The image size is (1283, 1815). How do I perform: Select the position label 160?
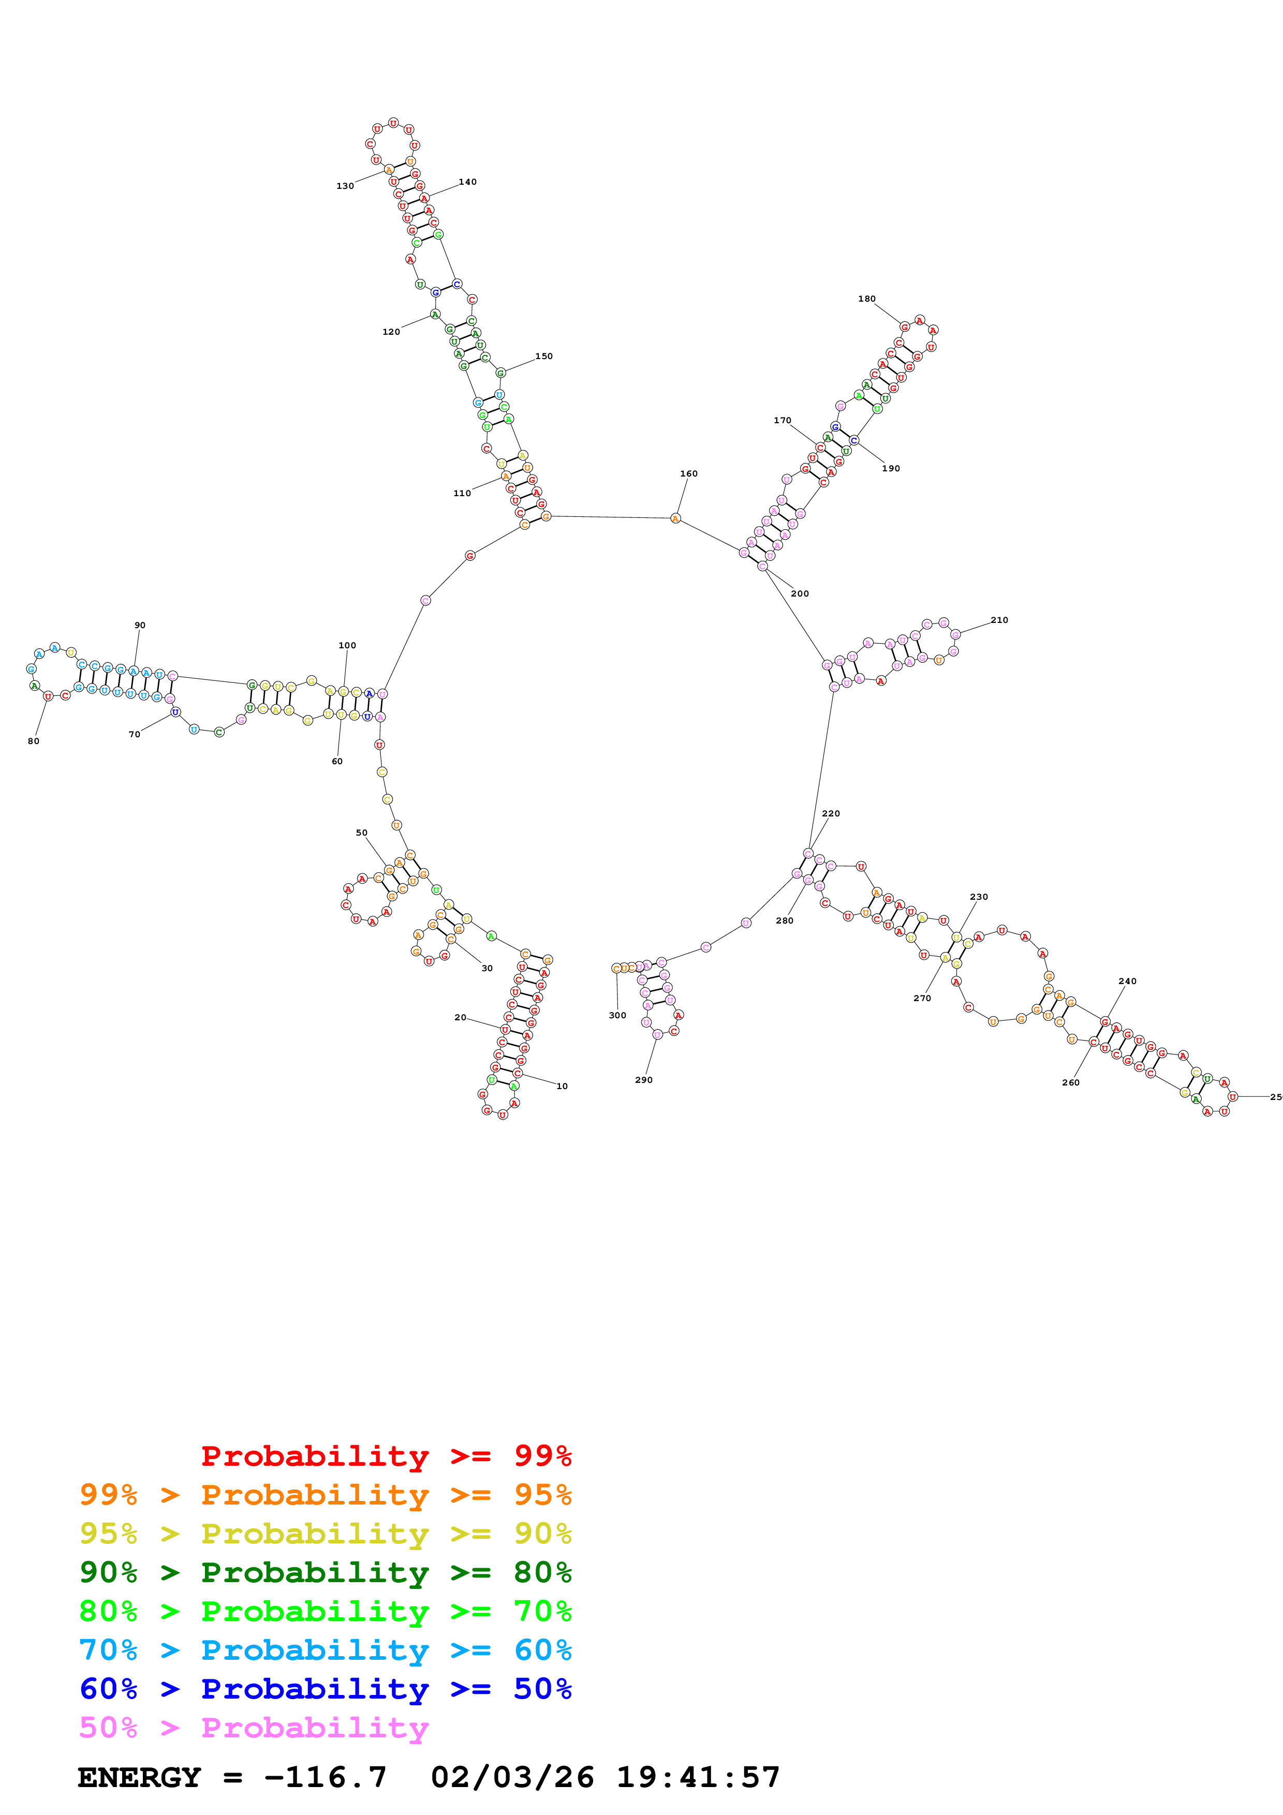click(x=688, y=473)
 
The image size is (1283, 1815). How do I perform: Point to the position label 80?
click(x=33, y=741)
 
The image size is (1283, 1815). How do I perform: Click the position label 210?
click(x=999, y=620)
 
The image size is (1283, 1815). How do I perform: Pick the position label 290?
click(x=643, y=1080)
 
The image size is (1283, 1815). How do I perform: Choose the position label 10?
click(x=562, y=1086)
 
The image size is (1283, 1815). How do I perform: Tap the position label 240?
click(x=1127, y=981)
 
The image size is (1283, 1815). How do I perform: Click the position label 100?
click(x=347, y=645)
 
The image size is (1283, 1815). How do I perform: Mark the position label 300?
click(x=617, y=1015)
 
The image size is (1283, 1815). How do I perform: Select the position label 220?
click(x=831, y=813)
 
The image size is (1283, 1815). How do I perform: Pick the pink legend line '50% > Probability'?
click(x=253, y=1727)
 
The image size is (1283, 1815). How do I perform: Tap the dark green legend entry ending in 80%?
click(x=325, y=1572)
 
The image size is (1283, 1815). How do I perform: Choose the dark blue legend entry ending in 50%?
click(x=325, y=1689)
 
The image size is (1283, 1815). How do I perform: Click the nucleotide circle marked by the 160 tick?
click(x=675, y=518)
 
